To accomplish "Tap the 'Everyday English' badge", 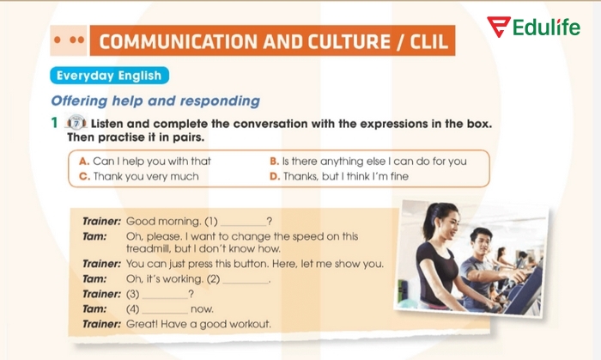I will (109, 75).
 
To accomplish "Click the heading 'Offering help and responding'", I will (155, 101).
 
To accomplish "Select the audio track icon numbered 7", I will (76, 123).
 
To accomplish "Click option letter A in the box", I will (84, 161).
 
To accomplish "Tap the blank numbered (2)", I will (246, 279).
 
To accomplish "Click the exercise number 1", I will (54, 123).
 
